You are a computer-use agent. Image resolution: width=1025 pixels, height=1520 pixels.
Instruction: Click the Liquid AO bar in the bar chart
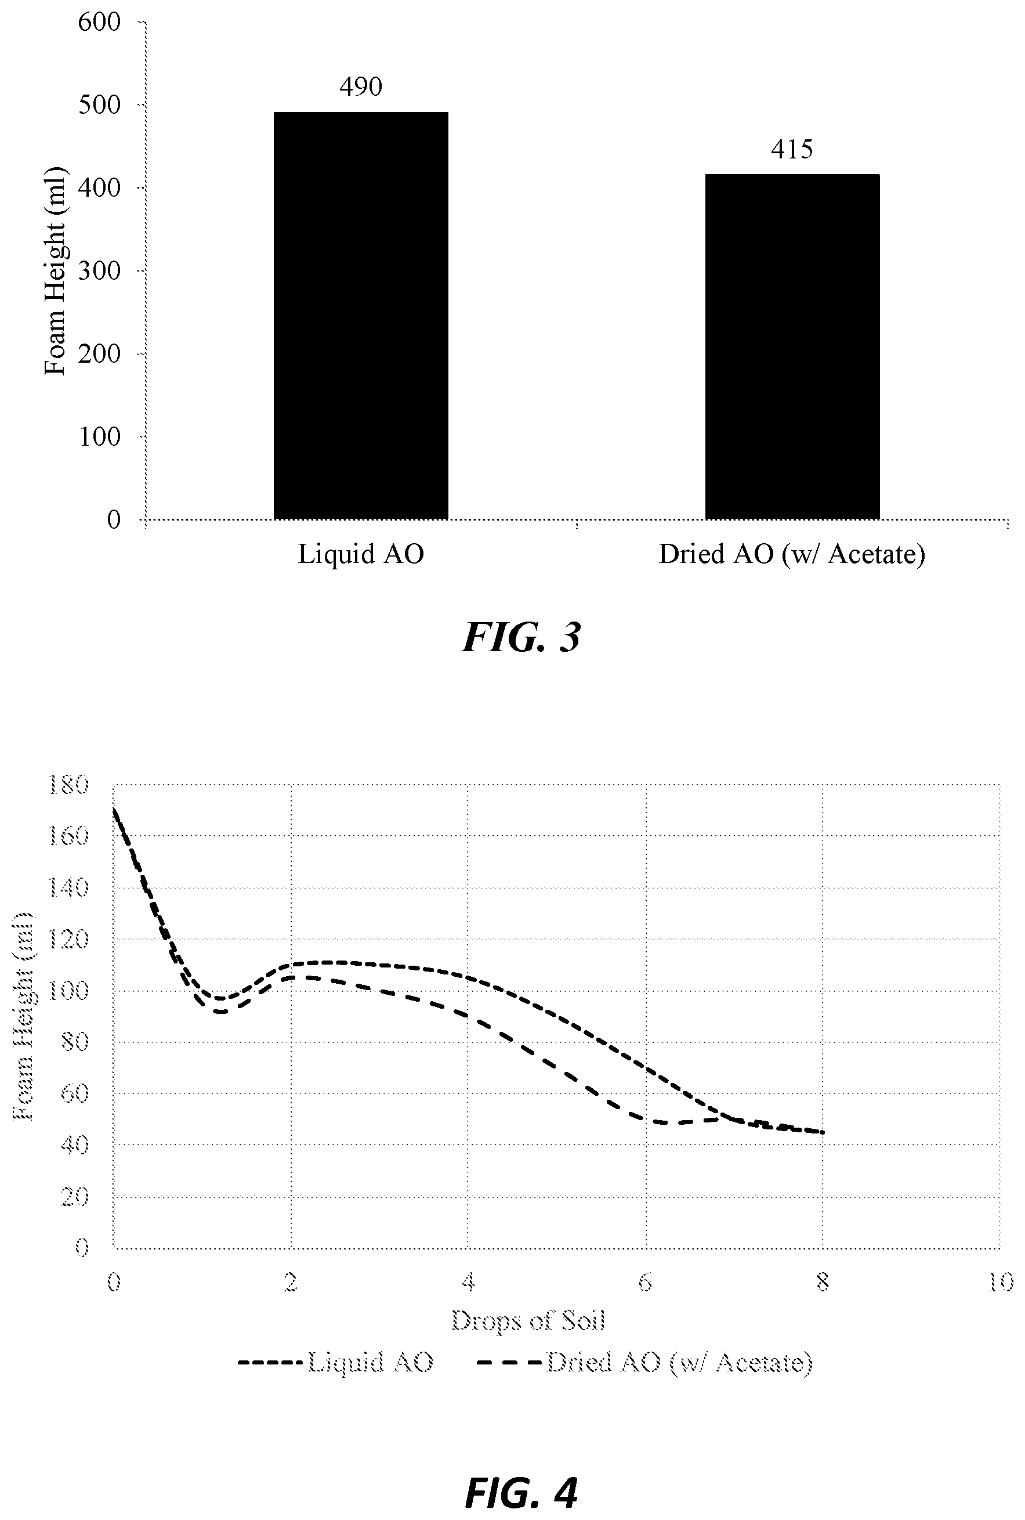pos(361,315)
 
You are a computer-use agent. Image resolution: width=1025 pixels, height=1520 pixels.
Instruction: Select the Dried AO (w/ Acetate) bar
pos(792,346)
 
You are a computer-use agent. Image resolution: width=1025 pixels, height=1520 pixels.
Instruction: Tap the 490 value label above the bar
pos(361,86)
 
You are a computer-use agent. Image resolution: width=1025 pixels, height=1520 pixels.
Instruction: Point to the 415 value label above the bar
pos(792,150)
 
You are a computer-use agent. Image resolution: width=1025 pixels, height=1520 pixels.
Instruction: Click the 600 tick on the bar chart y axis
pos(99,22)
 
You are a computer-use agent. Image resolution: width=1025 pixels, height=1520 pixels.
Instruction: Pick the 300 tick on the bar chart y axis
pos(99,271)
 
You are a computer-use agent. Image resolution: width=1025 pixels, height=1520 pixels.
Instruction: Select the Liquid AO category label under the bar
pos(361,555)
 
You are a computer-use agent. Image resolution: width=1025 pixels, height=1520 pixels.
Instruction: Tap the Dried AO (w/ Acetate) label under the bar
pos(792,555)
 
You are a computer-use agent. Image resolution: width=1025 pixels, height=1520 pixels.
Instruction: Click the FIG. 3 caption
pos(521,638)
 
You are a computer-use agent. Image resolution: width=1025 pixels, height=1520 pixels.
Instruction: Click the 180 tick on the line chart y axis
pos(68,784)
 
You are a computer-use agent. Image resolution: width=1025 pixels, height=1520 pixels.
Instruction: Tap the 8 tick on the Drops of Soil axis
pos(823,1283)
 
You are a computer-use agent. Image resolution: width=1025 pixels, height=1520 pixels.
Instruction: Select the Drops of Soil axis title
pos(528,1320)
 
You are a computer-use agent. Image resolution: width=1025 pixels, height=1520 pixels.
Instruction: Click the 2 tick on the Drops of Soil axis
pos(291,1283)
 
